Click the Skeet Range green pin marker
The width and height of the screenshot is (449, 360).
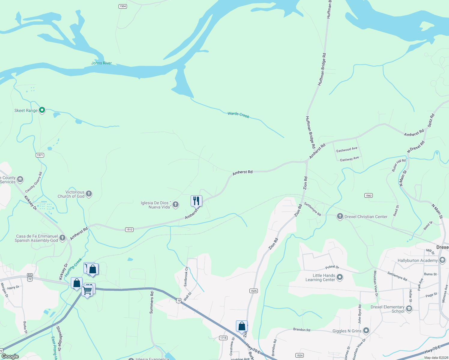point(42,110)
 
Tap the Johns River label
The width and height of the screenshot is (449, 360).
point(101,63)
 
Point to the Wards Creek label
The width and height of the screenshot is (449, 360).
point(238,115)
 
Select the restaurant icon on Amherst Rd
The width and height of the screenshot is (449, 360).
point(196,201)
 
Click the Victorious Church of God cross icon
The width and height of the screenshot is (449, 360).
point(89,194)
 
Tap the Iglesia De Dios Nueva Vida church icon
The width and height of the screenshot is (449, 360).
point(176,205)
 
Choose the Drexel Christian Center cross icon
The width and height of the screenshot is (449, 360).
point(340,216)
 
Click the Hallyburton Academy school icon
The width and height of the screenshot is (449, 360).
point(442,260)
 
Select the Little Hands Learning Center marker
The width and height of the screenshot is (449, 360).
point(340,277)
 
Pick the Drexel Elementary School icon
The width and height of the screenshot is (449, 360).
point(409,308)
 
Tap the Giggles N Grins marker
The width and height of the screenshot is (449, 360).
point(366,331)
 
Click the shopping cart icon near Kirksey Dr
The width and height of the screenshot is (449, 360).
point(87,290)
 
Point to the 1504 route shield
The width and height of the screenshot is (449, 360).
point(123,6)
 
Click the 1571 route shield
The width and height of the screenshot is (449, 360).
point(40,155)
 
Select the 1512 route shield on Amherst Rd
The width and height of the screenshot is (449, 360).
point(129,229)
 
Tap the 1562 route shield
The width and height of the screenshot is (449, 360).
point(369,195)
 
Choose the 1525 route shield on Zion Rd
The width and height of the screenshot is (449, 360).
point(254,291)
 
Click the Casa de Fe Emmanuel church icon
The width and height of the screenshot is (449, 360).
point(62,238)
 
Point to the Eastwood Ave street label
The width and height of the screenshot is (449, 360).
point(347,150)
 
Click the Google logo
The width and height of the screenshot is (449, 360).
point(10,356)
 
